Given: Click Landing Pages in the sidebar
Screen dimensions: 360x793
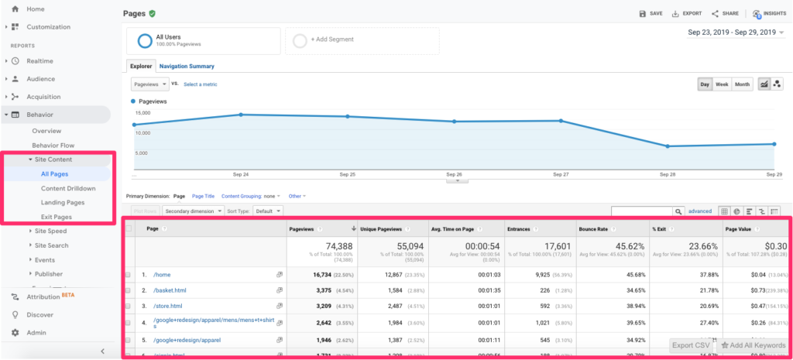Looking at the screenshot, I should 63,202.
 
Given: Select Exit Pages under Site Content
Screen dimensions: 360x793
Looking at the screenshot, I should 58,217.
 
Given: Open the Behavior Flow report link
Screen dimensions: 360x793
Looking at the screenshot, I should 53,145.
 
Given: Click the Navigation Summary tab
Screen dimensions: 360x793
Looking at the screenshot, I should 186,67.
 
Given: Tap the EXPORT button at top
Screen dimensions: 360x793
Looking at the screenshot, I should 686,13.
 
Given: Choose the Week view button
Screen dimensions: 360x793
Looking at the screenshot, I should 722,84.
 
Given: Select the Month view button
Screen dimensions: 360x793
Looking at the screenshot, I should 743,84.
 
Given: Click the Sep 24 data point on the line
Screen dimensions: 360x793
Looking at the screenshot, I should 241,115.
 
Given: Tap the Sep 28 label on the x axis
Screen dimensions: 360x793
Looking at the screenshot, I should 667,175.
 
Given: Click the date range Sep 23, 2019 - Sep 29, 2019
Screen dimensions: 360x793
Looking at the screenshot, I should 733,33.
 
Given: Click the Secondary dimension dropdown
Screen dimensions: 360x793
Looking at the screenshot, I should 191,211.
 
